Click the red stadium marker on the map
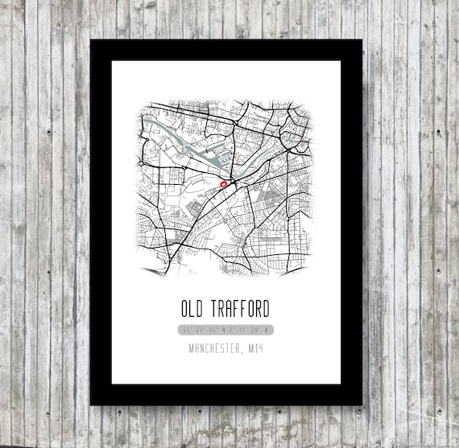coord(224,184)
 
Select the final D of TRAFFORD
coord(267,309)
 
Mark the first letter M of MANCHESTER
coord(192,348)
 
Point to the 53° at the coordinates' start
coord(187,330)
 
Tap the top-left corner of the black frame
coord(92,41)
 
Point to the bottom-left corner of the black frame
coord(92,404)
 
